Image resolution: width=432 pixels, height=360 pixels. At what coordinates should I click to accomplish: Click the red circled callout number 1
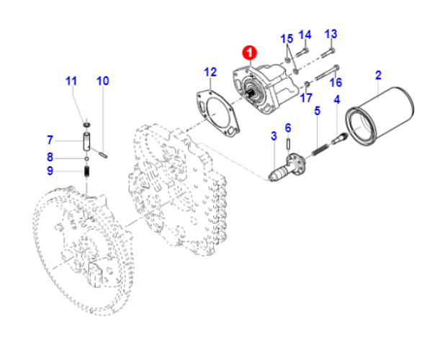pos(249,52)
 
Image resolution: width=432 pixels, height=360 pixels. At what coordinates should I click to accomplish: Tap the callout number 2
pos(378,75)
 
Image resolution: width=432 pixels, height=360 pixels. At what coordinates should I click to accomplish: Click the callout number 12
pos(210,72)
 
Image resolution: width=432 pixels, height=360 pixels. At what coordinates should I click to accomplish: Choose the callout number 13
pos(330,34)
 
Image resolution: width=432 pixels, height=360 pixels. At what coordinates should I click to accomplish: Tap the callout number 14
pos(305,34)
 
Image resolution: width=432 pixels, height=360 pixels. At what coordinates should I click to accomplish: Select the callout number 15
pos(287,39)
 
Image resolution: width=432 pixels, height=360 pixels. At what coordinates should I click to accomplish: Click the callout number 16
pos(336,81)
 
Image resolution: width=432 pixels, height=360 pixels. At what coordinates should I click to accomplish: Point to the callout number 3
pos(274,135)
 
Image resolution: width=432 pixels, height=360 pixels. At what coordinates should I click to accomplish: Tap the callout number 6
pos(288,127)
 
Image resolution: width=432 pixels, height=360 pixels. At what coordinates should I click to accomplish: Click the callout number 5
pos(316,111)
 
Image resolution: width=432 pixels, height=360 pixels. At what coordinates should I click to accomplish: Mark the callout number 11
pos(71,81)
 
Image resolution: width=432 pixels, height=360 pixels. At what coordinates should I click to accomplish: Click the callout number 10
pos(103,81)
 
